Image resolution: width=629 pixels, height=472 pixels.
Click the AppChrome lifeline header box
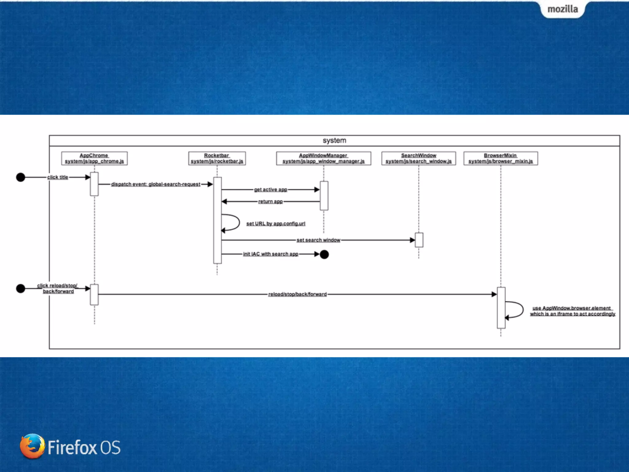pos(94,158)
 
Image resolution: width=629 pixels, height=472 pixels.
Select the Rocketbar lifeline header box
pos(217,158)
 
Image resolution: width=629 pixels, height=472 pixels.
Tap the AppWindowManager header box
pos(323,158)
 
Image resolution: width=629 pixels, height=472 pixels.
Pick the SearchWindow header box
pos(418,158)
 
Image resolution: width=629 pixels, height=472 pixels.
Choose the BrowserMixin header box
pos(501,158)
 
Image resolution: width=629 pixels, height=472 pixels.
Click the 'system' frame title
pos(334,140)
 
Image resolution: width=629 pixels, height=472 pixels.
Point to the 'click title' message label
pos(57,177)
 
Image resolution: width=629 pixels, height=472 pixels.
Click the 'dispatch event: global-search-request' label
pos(155,184)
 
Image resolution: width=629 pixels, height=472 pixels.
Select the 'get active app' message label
pos(270,190)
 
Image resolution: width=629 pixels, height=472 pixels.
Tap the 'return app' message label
pos(270,202)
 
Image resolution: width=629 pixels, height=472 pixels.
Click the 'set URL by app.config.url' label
pos(275,223)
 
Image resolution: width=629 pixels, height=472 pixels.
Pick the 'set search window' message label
pos(318,240)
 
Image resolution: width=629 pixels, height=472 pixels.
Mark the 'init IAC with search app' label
pos(270,254)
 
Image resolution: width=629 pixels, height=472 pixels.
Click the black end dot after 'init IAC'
pos(324,254)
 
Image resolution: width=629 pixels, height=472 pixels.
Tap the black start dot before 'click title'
pos(21,177)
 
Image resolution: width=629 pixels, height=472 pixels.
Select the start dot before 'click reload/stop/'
pos(21,289)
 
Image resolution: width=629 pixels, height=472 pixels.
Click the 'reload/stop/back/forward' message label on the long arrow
pos(297,294)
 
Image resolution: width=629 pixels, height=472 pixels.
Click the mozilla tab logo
pos(563,9)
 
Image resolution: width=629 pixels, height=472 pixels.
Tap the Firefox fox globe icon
pos(32,446)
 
